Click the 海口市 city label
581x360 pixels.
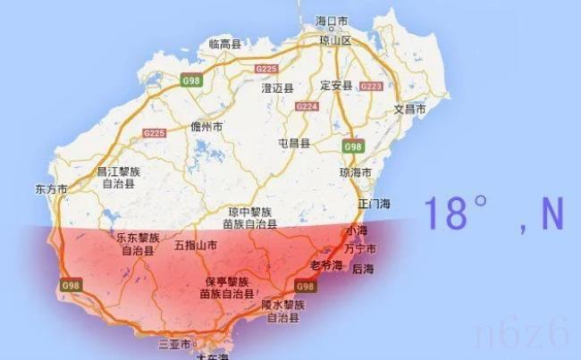tap(331, 20)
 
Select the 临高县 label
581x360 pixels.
tap(224, 43)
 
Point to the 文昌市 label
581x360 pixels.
tap(411, 108)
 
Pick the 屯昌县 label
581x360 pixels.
tap(293, 143)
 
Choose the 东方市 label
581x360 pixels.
tap(51, 189)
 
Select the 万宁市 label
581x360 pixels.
tap(360, 247)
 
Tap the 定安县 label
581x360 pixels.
tap(336, 86)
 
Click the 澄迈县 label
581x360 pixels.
tap(278, 88)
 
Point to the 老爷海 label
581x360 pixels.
tap(324, 265)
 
